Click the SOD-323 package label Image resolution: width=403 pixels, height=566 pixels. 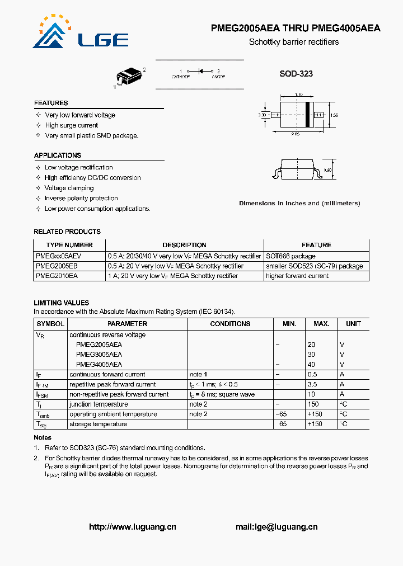pos(296,74)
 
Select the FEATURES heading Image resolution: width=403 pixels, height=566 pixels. pos(51,103)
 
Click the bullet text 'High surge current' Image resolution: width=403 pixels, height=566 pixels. pos(72,125)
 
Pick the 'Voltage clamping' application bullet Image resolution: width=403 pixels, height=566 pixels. pos(69,188)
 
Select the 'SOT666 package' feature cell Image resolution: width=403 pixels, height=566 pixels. pos(290,256)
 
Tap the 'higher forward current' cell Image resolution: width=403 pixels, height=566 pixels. pos(297,276)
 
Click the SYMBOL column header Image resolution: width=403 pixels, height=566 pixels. pos(50,324)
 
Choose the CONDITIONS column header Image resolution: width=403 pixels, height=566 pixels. pos(230,324)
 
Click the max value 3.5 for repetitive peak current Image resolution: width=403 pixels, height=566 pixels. pos(312,384)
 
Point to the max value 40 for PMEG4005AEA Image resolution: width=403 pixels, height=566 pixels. pos(311,364)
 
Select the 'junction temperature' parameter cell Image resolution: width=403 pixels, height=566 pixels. pos(99,404)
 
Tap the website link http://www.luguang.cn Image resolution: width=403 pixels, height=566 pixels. pos(133,527)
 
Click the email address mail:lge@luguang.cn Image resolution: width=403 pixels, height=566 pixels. pos(277,527)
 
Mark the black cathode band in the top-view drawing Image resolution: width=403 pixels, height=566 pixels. pos(307,115)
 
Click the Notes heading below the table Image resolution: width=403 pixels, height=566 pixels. pos(43,437)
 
